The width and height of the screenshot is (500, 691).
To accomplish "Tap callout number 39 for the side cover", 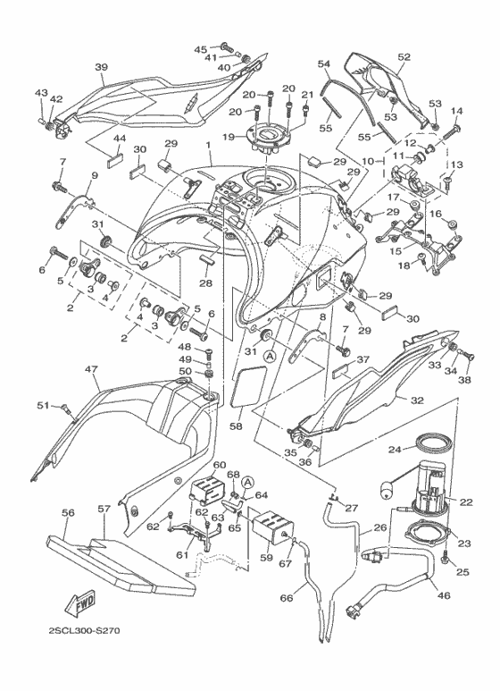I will click(101, 67).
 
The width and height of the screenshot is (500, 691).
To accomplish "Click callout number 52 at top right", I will click(404, 56).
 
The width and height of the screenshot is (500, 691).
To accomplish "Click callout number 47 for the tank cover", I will click(90, 368).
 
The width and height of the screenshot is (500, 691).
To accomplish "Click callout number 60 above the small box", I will click(219, 465).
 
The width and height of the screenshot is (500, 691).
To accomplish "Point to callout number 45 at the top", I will click(200, 48).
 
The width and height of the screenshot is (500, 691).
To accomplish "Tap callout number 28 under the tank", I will click(206, 283).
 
